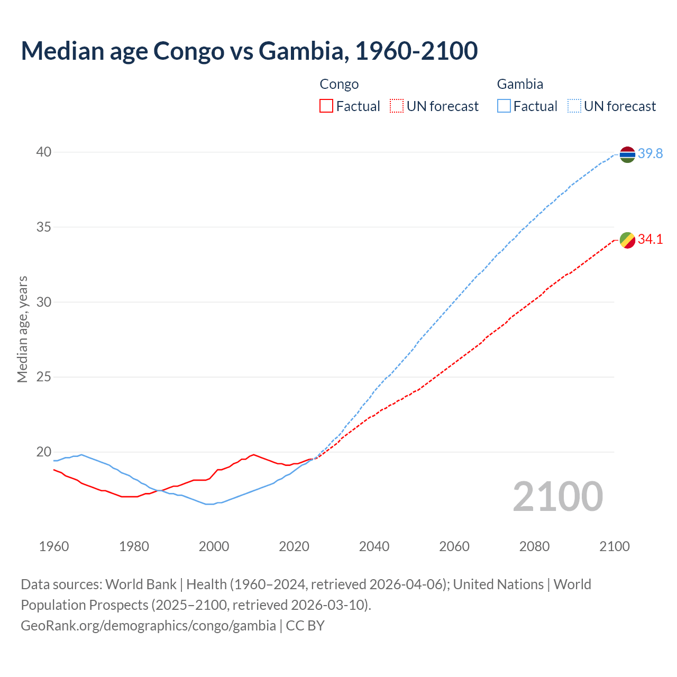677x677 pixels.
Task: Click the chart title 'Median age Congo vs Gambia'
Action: click(249, 51)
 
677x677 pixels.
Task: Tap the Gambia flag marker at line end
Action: click(627, 154)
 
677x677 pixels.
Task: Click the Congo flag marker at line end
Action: click(627, 240)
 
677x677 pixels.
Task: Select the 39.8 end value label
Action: click(650, 154)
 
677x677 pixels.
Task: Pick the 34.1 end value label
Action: click(650, 240)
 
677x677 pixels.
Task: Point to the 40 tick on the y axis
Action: click(44, 152)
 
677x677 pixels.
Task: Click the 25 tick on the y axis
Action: click(44, 377)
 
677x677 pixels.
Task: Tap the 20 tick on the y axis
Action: click(44, 452)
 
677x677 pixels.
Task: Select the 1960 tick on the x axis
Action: click(54, 546)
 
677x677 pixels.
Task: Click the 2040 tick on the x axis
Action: click(374, 546)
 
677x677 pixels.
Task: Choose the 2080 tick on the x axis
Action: click(534, 546)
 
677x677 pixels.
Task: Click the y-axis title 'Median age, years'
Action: click(23, 329)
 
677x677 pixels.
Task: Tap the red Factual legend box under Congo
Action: click(326, 106)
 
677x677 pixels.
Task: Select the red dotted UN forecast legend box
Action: click(397, 106)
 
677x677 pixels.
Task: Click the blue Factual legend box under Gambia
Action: click(504, 106)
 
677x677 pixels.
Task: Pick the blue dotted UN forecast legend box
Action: click(574, 106)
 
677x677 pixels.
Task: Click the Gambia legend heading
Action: click(520, 84)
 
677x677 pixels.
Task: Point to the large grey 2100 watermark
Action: click(557, 496)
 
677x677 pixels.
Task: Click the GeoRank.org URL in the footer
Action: click(148, 626)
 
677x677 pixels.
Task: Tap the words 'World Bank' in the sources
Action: click(141, 584)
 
